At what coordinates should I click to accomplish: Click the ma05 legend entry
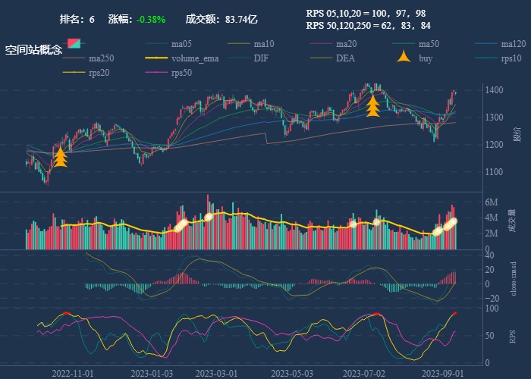tap(181, 44)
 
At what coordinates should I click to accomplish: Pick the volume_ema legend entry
tap(194, 58)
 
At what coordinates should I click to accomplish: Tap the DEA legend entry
tap(345, 58)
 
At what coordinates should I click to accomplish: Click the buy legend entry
tap(425, 58)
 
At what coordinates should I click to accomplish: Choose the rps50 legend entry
tap(181, 73)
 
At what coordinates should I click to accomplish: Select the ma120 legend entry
tap(513, 44)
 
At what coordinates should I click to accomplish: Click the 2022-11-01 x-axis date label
tap(73, 373)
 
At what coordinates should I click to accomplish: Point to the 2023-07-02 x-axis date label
tap(364, 373)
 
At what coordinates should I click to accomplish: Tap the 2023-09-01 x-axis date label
tap(442, 373)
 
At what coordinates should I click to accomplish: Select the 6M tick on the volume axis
tap(491, 202)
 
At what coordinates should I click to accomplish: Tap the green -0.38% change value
tap(152, 19)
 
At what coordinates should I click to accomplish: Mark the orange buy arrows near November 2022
tap(61, 157)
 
